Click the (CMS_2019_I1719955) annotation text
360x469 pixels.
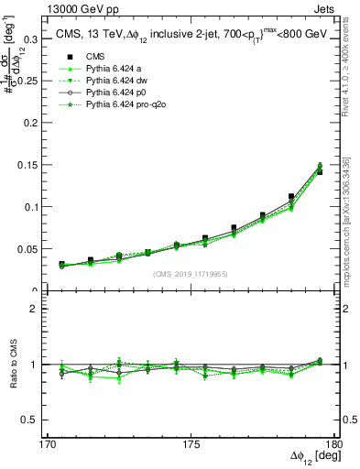pyautogui.click(x=191, y=273)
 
